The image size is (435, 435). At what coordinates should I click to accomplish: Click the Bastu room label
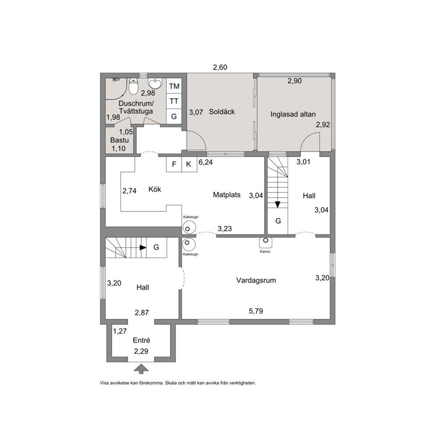[x=119, y=140]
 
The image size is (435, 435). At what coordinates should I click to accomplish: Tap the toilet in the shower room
[x=133, y=86]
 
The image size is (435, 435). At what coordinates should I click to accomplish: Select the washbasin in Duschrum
[x=155, y=83]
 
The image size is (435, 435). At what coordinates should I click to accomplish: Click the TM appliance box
[x=174, y=86]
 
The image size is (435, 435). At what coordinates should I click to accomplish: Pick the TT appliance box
[x=174, y=101]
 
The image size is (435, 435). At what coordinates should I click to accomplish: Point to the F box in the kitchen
[x=174, y=164]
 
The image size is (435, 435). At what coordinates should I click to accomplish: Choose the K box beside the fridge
[x=189, y=164]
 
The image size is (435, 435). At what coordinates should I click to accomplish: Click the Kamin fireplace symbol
[x=265, y=242]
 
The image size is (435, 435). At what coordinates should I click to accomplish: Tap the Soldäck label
[x=222, y=112]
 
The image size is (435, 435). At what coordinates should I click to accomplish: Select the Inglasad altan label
[x=293, y=114]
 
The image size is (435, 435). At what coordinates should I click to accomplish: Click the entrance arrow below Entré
[x=141, y=368]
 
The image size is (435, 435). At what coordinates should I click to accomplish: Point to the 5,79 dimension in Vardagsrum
[x=256, y=311]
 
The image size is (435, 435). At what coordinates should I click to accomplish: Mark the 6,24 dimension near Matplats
[x=206, y=162]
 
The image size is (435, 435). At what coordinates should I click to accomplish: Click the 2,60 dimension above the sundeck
[x=220, y=68]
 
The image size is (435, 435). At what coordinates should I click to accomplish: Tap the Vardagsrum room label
[x=256, y=280]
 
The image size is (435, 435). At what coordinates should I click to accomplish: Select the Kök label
[x=155, y=189]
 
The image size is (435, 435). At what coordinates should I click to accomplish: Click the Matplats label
[x=227, y=195]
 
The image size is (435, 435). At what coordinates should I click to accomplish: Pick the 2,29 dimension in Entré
[x=141, y=352]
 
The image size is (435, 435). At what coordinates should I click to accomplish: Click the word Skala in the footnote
[x=171, y=383]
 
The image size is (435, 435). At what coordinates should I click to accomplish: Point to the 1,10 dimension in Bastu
[x=118, y=149]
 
